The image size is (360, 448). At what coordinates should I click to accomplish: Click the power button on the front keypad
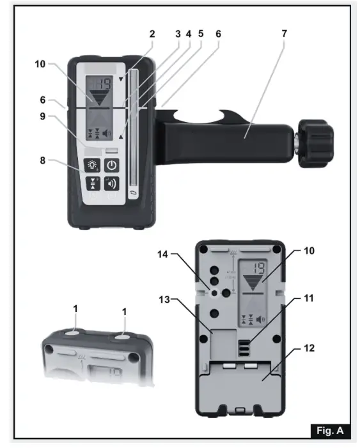(112, 164)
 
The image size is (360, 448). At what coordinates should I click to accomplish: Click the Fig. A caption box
(331, 430)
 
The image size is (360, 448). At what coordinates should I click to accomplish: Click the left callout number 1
(75, 309)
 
